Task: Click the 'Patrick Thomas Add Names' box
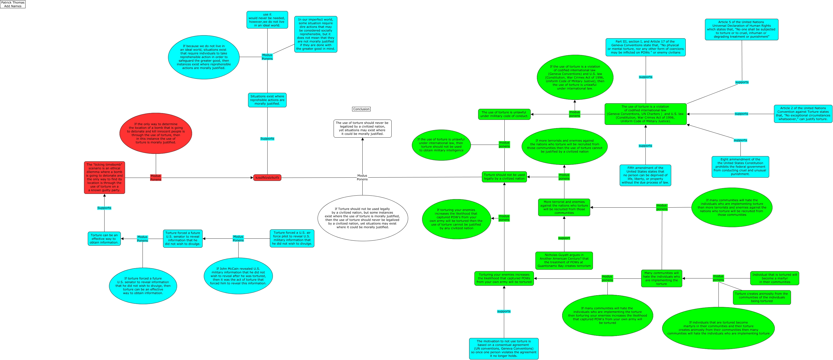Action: [x=13, y=4]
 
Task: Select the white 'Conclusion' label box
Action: [x=361, y=109]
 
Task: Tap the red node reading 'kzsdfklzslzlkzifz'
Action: [x=267, y=178]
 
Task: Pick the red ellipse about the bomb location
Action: [x=156, y=133]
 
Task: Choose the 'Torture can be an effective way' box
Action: [x=104, y=239]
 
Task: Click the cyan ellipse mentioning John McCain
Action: [x=238, y=276]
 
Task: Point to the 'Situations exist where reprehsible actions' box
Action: [x=267, y=100]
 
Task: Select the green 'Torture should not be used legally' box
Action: [x=504, y=177]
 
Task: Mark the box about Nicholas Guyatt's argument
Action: [x=564, y=260]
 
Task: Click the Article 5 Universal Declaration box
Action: [x=741, y=30]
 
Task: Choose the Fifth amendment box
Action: [x=645, y=175]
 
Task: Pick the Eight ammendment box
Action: [x=740, y=167]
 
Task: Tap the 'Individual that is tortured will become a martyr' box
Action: [x=774, y=278]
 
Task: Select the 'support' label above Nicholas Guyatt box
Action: [x=564, y=238]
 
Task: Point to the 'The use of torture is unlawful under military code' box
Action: [x=504, y=114]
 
